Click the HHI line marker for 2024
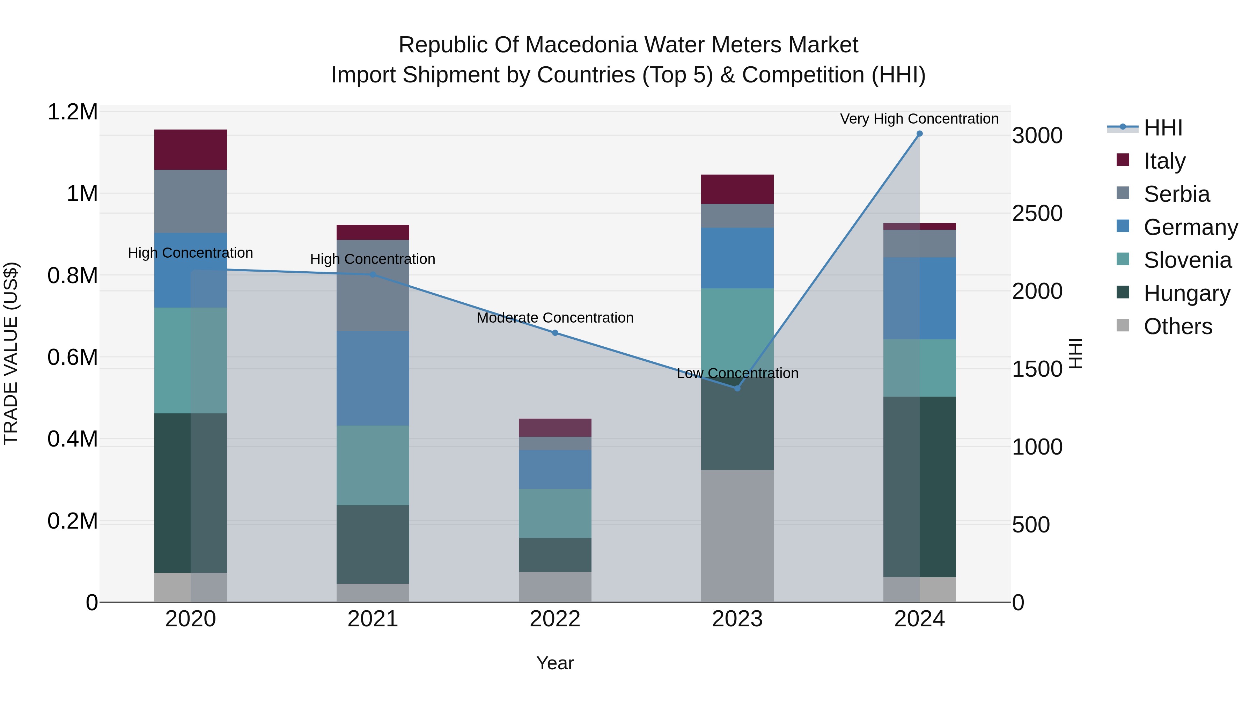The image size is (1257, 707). [x=919, y=134]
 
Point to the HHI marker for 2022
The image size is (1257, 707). [x=555, y=333]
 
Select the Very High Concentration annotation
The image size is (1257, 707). [x=919, y=119]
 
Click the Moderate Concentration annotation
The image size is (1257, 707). [x=555, y=318]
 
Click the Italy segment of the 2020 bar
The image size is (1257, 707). [x=190, y=149]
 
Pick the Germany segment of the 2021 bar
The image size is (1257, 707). [x=373, y=378]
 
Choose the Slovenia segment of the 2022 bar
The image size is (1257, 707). [x=555, y=513]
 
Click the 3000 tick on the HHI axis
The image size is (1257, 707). [x=1037, y=136]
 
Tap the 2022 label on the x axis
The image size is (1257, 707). [x=555, y=619]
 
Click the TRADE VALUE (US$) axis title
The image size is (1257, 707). [x=11, y=353]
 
